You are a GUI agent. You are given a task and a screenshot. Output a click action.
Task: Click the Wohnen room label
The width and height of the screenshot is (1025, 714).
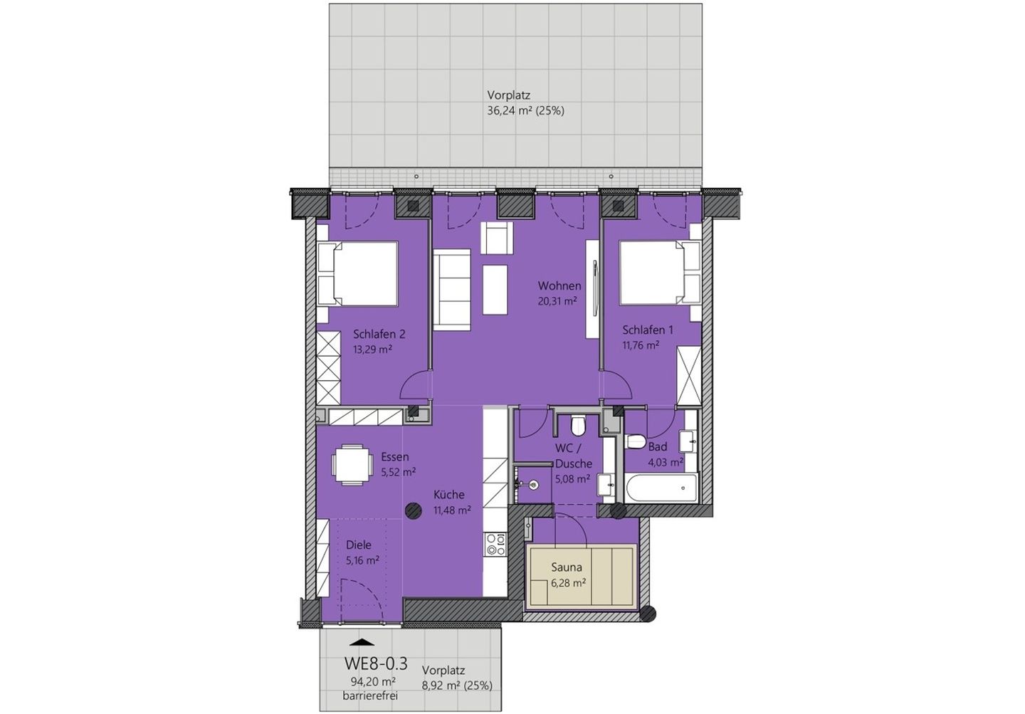[x=559, y=285]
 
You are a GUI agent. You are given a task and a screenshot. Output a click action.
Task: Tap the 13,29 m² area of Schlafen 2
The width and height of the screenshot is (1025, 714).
[x=373, y=350]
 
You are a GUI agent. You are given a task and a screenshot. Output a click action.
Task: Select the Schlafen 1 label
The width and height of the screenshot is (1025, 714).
[x=647, y=330]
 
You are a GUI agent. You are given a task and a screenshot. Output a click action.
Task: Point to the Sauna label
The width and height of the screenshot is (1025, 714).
[x=567, y=567]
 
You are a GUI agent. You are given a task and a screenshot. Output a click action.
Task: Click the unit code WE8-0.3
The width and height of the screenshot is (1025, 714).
[x=375, y=663]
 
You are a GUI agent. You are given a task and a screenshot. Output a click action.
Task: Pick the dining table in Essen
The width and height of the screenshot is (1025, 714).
[x=352, y=464]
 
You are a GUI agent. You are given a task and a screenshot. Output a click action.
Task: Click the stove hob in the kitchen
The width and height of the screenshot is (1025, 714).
[x=495, y=545]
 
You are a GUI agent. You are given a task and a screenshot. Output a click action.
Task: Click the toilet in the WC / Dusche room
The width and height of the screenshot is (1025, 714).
[x=578, y=425]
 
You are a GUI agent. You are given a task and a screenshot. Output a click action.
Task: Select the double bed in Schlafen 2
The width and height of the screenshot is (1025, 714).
[x=358, y=274]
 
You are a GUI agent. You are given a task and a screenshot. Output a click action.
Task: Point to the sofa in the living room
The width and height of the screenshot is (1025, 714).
[x=453, y=290]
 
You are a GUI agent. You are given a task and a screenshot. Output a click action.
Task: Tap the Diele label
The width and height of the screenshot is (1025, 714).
[x=359, y=545]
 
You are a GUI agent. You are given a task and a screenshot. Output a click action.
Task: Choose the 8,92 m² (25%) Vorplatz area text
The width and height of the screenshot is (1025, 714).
[x=456, y=686]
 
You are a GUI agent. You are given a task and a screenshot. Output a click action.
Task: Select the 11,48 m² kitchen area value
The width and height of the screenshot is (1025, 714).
[x=452, y=510]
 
